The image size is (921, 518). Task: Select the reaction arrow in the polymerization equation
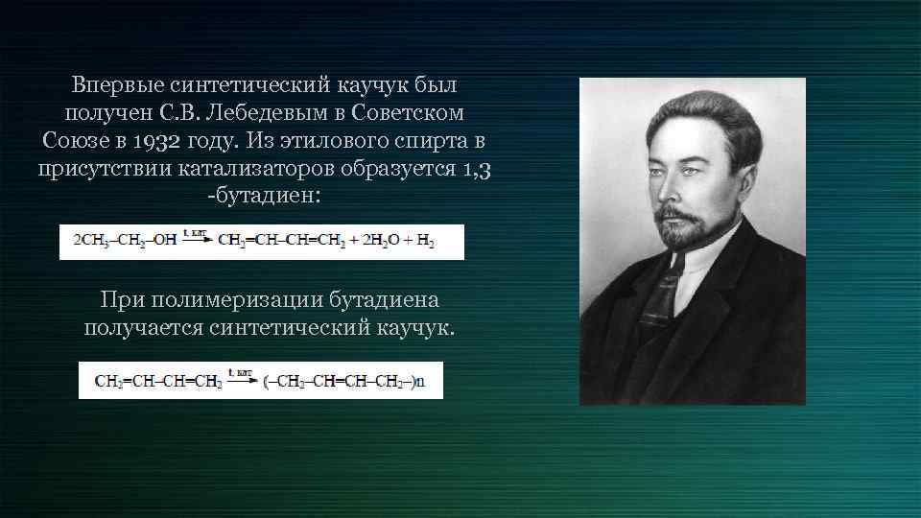pyautogui.click(x=242, y=379)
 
